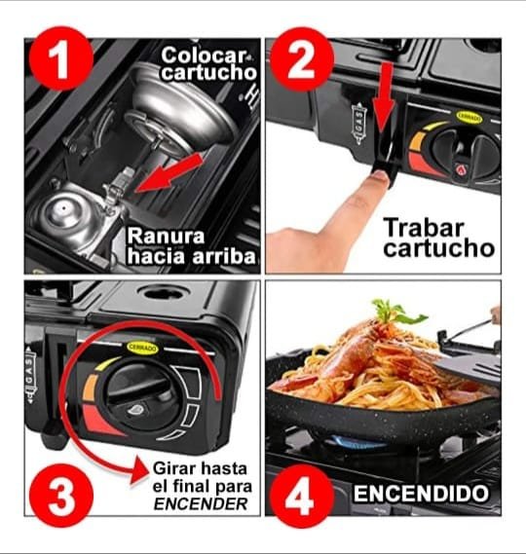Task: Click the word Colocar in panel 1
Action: click(x=204, y=55)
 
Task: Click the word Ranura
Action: click(x=167, y=236)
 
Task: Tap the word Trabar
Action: click(x=424, y=228)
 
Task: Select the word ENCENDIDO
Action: click(x=422, y=493)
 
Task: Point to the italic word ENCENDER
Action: click(x=201, y=503)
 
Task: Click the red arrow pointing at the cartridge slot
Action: click(x=169, y=172)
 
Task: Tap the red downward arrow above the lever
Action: click(x=383, y=97)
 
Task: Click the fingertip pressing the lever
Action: click(x=379, y=176)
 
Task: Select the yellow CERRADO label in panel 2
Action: click(x=470, y=117)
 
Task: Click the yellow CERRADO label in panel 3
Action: click(x=143, y=348)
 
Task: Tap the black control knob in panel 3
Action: click(x=138, y=395)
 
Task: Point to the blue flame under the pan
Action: click(x=357, y=442)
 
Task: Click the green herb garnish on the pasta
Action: click(x=396, y=312)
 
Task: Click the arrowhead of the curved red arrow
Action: click(x=139, y=471)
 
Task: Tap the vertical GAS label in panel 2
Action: click(x=358, y=124)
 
